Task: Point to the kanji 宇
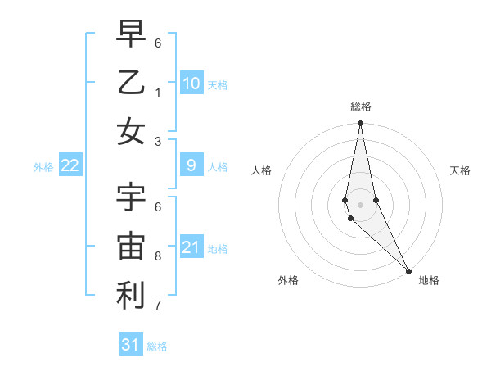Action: [131, 197]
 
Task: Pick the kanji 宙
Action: [131, 247]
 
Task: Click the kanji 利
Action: [131, 296]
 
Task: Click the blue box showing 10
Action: [191, 83]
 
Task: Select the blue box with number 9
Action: [191, 165]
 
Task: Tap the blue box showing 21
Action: [191, 247]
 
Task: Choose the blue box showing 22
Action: [70, 165]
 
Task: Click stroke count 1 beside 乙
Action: [158, 92]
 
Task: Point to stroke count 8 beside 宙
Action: [158, 256]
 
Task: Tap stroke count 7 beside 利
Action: [158, 306]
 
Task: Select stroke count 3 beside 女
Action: [158, 141]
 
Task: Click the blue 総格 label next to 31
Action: [157, 346]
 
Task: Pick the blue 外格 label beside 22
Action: [43, 167]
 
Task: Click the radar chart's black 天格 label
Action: [460, 170]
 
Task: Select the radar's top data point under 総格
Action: [360, 124]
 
